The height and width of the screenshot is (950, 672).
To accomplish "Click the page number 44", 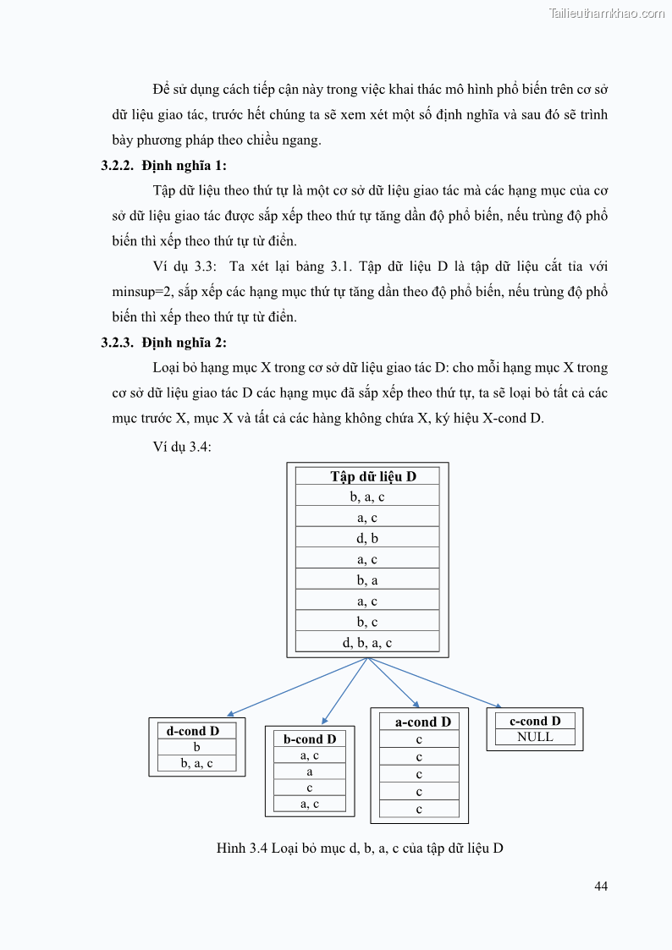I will point(601,886).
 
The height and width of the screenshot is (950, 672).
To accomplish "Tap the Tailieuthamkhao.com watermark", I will point(607,13).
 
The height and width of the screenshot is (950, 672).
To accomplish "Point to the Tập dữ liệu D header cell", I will point(367,476).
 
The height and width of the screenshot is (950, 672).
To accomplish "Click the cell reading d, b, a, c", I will point(367,642).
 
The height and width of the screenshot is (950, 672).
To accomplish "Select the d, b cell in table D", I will point(367,538).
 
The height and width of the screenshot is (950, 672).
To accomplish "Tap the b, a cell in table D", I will point(367,579).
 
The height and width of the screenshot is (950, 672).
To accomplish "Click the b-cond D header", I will point(310,739).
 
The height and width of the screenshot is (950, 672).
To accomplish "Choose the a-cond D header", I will point(419,722).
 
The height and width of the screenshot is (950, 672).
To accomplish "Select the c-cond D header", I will point(535,721).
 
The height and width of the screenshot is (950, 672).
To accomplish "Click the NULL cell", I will point(535,737).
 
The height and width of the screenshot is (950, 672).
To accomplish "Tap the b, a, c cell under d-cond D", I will point(196,763).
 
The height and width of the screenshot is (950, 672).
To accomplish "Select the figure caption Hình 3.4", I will point(360,848).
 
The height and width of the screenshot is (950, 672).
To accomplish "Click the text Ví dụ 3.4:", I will point(182,447).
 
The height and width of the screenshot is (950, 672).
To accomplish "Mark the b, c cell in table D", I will point(367,621).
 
